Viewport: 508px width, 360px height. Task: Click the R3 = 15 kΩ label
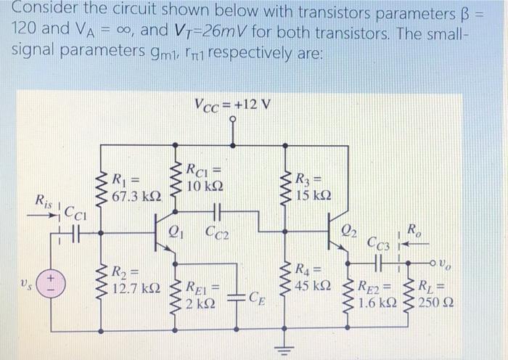coord(314,187)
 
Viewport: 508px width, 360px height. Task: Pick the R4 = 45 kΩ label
coord(314,277)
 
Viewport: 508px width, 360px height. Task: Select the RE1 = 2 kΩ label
coord(205,294)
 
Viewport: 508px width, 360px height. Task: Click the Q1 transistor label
coord(174,233)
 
